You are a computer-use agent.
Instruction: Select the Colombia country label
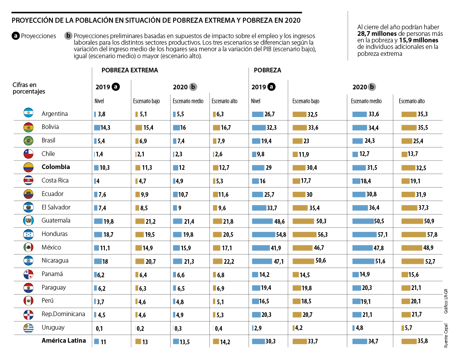56,167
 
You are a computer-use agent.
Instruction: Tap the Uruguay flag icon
29,328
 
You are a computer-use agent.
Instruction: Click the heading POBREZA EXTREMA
129,70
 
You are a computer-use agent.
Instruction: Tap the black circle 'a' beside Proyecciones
16,36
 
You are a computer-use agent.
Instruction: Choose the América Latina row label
64,341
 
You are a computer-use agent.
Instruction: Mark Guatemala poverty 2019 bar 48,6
261,221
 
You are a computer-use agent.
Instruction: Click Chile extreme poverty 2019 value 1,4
99,154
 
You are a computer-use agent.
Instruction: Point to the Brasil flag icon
29,141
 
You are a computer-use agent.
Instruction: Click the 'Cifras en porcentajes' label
29,88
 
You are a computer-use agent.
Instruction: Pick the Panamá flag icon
29,275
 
